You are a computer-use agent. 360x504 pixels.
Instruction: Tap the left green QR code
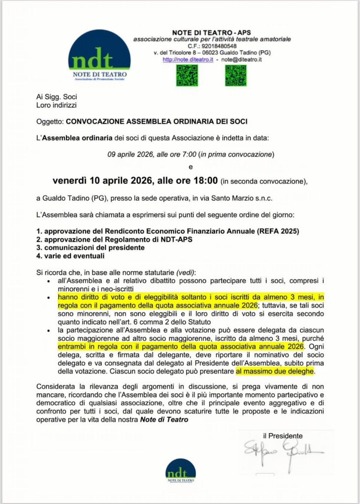[x=187, y=75]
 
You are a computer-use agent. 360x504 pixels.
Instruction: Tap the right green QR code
[x=235, y=75]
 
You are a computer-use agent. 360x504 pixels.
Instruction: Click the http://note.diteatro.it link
[x=188, y=60]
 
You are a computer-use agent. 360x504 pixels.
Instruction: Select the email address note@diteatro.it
[x=241, y=60]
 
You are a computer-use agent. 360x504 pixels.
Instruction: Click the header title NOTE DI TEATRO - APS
[x=212, y=32]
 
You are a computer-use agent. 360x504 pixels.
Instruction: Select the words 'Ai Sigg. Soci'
[x=57, y=97]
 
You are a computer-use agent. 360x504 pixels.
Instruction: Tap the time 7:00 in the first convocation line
[x=188, y=155]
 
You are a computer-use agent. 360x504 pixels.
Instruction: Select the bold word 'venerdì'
[x=72, y=181]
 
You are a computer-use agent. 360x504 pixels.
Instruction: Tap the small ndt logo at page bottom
[x=180, y=471]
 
